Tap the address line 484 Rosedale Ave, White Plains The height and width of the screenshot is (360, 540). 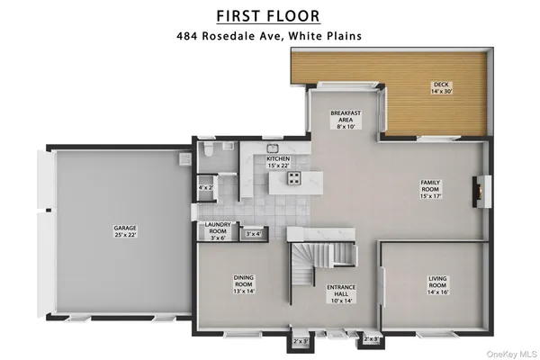pyautogui.click(x=270, y=37)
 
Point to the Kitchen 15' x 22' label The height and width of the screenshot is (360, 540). pyautogui.click(x=278, y=161)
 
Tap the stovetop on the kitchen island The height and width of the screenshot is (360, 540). pyautogui.click(x=294, y=179)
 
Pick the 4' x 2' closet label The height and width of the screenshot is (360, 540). pyautogui.click(x=205, y=188)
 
